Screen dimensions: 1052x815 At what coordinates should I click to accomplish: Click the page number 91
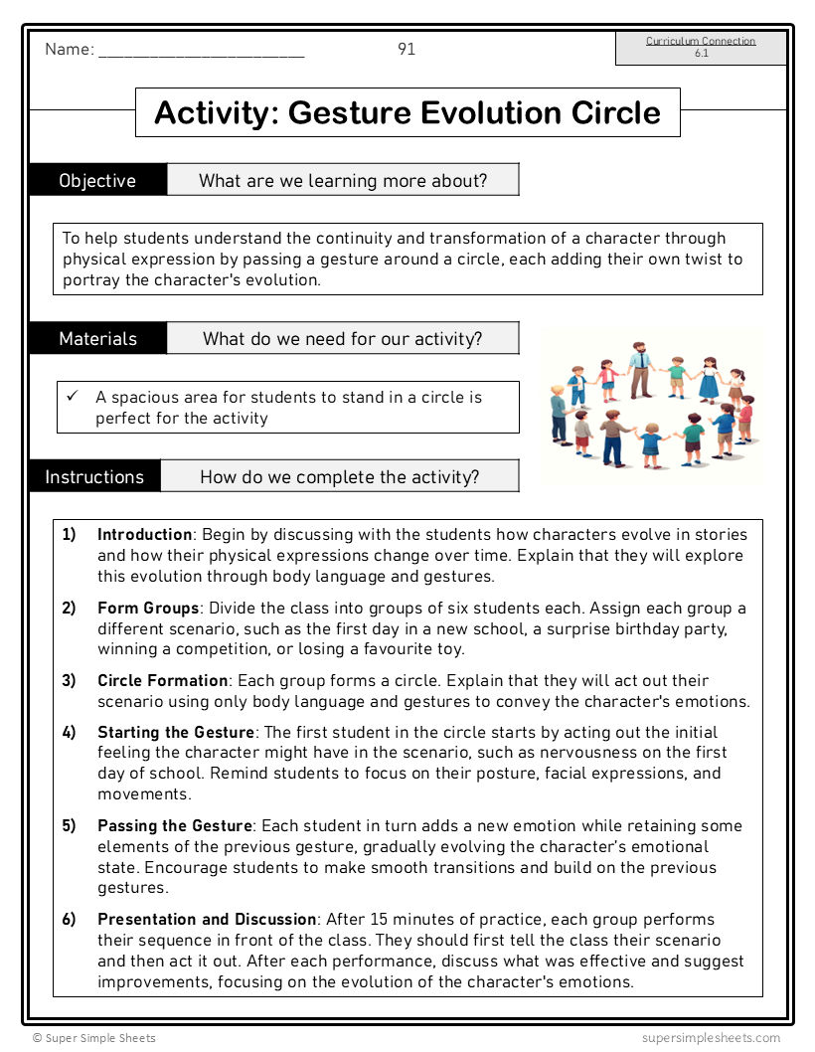click(x=407, y=49)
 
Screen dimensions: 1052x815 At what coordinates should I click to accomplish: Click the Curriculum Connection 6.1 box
click(x=701, y=48)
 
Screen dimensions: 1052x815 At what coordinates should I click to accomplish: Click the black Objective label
click(x=97, y=180)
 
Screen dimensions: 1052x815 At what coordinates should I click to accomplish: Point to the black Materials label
click(x=97, y=338)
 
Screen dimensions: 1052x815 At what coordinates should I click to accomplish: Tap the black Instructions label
click(x=94, y=476)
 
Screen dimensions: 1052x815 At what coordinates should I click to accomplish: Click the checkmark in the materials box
click(x=73, y=396)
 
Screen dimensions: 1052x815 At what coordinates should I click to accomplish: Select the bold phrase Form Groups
click(x=148, y=608)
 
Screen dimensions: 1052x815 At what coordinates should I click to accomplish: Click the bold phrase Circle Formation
click(x=162, y=680)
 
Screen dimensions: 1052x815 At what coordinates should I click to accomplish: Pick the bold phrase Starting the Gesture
click(x=176, y=732)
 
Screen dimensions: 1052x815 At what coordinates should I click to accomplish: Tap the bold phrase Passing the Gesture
click(x=175, y=825)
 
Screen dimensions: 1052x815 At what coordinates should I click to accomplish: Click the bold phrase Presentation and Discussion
click(x=207, y=919)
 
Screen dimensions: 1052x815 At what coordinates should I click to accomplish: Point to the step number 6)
click(x=70, y=919)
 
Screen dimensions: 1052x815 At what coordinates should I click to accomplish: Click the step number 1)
click(x=70, y=534)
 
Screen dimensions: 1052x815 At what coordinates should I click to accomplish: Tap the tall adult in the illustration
click(x=639, y=368)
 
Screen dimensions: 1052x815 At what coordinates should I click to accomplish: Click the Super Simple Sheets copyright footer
click(x=94, y=1038)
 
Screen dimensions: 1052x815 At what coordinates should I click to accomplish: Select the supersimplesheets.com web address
click(x=711, y=1038)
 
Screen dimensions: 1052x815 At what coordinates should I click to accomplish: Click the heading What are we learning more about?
click(x=343, y=180)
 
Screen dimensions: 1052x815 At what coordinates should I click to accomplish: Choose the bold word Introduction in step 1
click(x=144, y=534)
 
